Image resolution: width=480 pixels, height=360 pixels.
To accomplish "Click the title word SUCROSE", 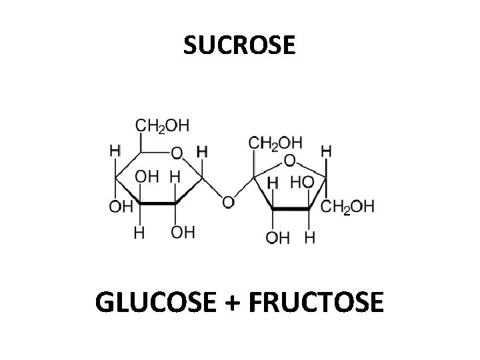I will coord(238,46).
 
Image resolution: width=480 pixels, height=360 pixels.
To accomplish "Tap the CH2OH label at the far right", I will coord(348,206).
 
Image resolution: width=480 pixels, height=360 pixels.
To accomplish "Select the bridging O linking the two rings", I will coord(228,201).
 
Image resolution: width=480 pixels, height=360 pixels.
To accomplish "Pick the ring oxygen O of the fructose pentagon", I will coord(291,161).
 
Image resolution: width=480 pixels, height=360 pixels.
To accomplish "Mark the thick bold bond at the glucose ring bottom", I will coord(157,203).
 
